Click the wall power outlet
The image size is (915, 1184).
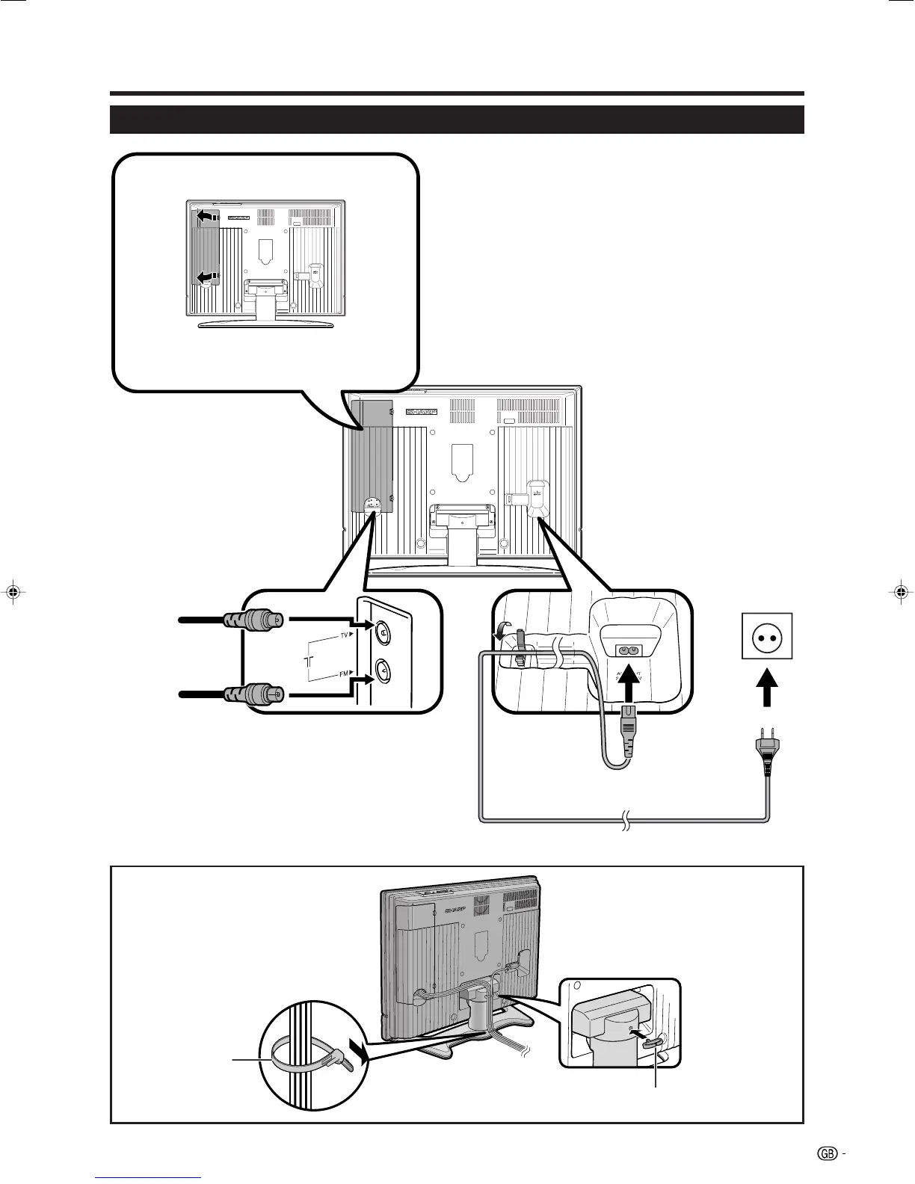tap(767, 635)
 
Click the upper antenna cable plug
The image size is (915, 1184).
tap(253, 620)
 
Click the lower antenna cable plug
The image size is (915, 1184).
tap(253, 694)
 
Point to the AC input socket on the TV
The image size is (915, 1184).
tap(627, 650)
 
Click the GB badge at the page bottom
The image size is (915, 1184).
tap(827, 1154)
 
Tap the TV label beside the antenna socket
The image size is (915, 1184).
tap(345, 635)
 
